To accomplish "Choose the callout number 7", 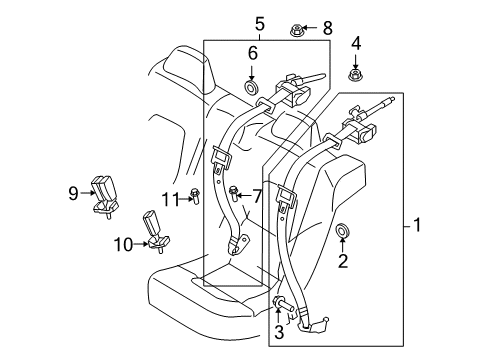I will [x=257, y=194].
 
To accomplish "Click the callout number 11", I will [x=171, y=199].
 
